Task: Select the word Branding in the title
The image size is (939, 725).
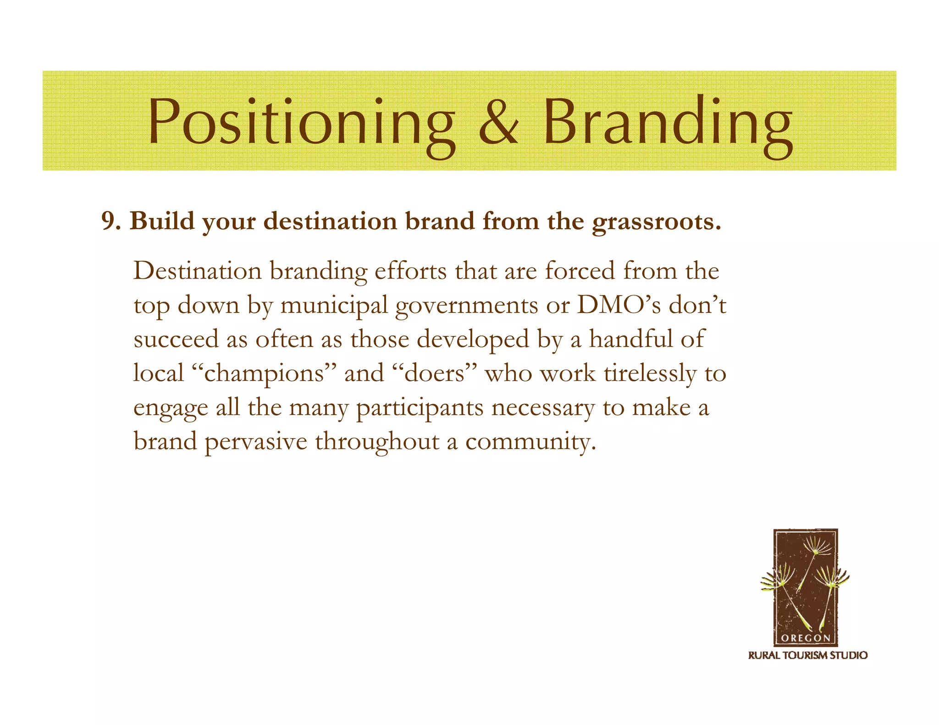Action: pos(668,124)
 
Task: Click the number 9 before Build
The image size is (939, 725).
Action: pos(109,221)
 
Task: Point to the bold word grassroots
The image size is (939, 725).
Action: pos(656,222)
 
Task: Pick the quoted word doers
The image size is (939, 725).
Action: pos(436,373)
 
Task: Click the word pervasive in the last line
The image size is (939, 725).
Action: pos(255,442)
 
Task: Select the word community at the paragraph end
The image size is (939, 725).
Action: pos(530,442)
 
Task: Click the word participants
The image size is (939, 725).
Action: pos(420,408)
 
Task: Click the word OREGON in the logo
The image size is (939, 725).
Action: pos(805,638)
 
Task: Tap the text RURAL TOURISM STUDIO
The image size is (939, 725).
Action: pos(807,655)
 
